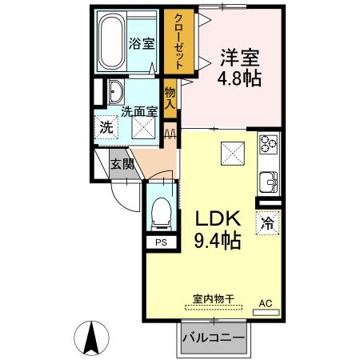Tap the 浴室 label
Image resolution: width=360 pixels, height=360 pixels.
coord(142,44)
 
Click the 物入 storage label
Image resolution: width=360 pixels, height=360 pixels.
coord(170,98)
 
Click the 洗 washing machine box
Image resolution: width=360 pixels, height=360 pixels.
coord(105,126)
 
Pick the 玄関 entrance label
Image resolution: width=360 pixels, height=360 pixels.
coord(122,165)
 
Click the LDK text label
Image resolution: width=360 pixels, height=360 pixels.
coord(214,217)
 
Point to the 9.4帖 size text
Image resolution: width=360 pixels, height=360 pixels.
coord(214,239)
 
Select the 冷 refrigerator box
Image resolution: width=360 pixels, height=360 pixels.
coord(266,224)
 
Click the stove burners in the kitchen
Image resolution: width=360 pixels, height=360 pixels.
coord(266,146)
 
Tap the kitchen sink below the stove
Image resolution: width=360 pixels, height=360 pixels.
coord(267,180)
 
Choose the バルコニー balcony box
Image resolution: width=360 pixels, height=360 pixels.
coord(213,338)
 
